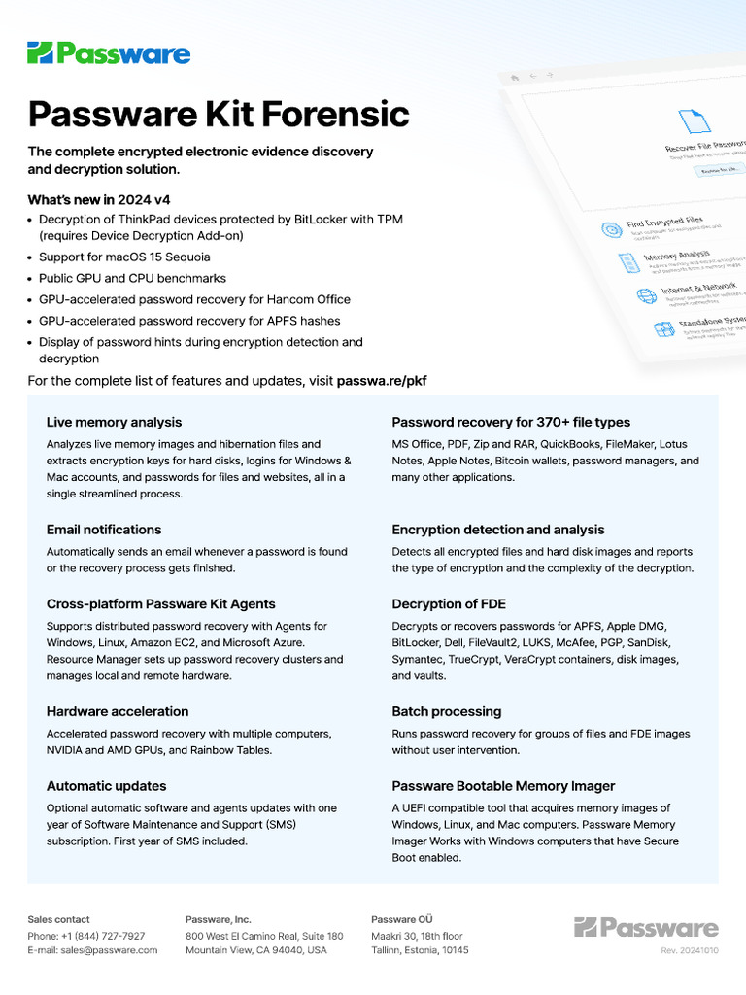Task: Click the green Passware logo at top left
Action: [x=109, y=53]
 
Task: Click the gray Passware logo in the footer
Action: [x=646, y=927]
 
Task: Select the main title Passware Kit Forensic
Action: [x=219, y=114]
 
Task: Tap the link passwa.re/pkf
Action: [x=381, y=381]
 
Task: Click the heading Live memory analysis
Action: [x=114, y=422]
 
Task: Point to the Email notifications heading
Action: [x=104, y=530]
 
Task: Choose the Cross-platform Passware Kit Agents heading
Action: [x=160, y=603]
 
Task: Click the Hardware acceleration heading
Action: [x=118, y=711]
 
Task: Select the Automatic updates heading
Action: [x=106, y=785]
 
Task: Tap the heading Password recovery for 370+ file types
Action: [x=511, y=422]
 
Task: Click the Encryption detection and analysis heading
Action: [x=498, y=530]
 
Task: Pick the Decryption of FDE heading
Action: [x=449, y=603]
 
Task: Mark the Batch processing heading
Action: [x=447, y=711]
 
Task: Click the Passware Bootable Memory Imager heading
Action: [x=503, y=785]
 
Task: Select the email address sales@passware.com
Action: [x=109, y=950]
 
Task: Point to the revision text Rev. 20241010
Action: [x=690, y=950]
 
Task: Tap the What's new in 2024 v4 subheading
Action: [x=99, y=199]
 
